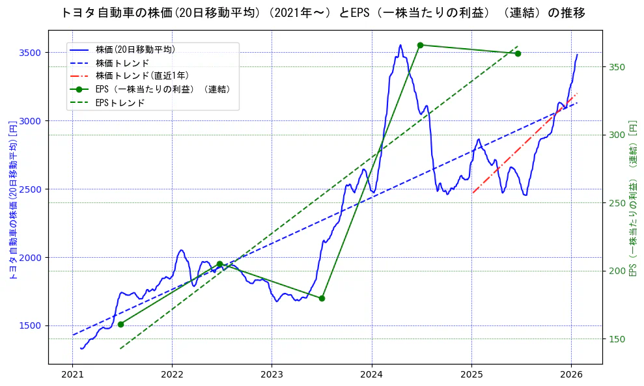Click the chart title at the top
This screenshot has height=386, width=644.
coord(323,12)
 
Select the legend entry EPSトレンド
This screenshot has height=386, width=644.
coord(120,103)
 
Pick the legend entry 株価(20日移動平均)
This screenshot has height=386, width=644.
coord(135,49)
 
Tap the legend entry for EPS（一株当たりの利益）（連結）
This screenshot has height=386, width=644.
coord(163,89)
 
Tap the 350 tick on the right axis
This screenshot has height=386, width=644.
coord(617,67)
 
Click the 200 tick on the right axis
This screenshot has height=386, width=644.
coord(617,271)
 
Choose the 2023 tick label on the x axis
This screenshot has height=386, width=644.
coord(272,376)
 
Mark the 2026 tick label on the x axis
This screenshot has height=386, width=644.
coord(571,376)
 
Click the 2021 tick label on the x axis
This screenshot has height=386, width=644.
coord(73,376)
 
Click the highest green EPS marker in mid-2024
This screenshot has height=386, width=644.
coord(420,45)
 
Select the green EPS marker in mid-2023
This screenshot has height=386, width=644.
coord(322,298)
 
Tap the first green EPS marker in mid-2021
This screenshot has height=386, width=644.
coord(120,324)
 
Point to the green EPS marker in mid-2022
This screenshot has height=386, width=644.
coord(219,264)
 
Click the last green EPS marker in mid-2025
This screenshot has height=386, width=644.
coord(518,53)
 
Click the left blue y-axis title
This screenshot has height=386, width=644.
coord(12,200)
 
